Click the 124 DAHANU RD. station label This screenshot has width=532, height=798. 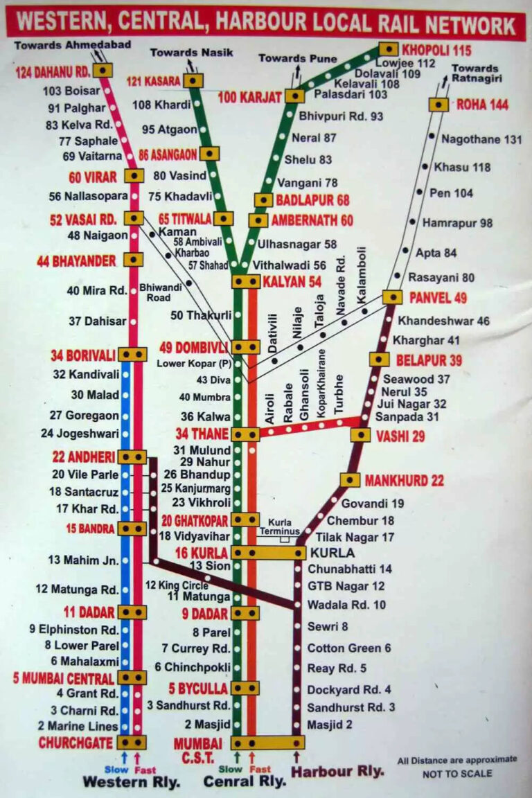pos(53,71)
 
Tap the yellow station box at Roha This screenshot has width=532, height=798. pos(438,105)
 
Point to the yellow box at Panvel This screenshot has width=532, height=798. pos(393,297)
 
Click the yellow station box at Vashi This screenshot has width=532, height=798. pos(360,435)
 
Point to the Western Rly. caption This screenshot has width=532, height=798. pos(132,781)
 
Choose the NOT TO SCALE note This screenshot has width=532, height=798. pos(457,774)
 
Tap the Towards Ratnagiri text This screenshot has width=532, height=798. pos(475,73)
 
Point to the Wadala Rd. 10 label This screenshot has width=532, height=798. pos(346,605)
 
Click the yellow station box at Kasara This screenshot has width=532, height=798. pos(193,81)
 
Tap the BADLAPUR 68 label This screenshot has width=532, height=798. pos(312,200)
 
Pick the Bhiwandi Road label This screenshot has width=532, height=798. pos(155,292)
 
